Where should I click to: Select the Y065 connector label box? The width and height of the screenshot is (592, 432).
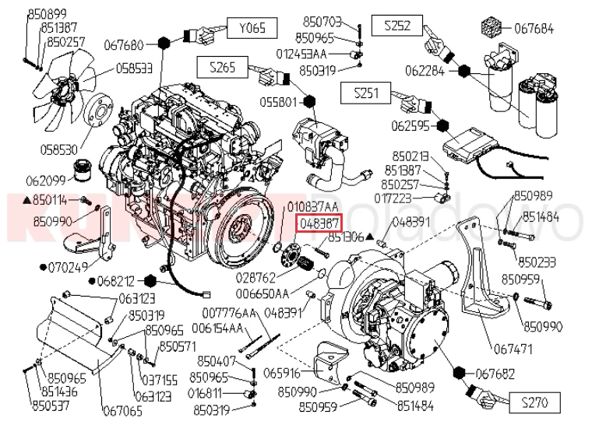(252, 29)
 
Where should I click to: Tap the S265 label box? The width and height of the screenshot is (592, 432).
(223, 67)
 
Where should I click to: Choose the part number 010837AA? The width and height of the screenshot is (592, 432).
(313, 207)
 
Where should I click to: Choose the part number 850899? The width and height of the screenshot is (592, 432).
(47, 13)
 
